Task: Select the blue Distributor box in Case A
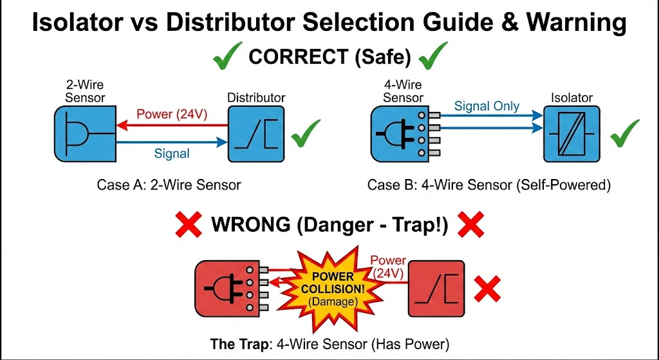(255, 135)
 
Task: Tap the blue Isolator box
(570, 135)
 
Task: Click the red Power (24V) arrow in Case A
(171, 126)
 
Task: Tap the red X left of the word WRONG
(189, 225)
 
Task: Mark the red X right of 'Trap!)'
(470, 225)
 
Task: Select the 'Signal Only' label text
(487, 106)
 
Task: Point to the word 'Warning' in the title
(576, 23)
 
